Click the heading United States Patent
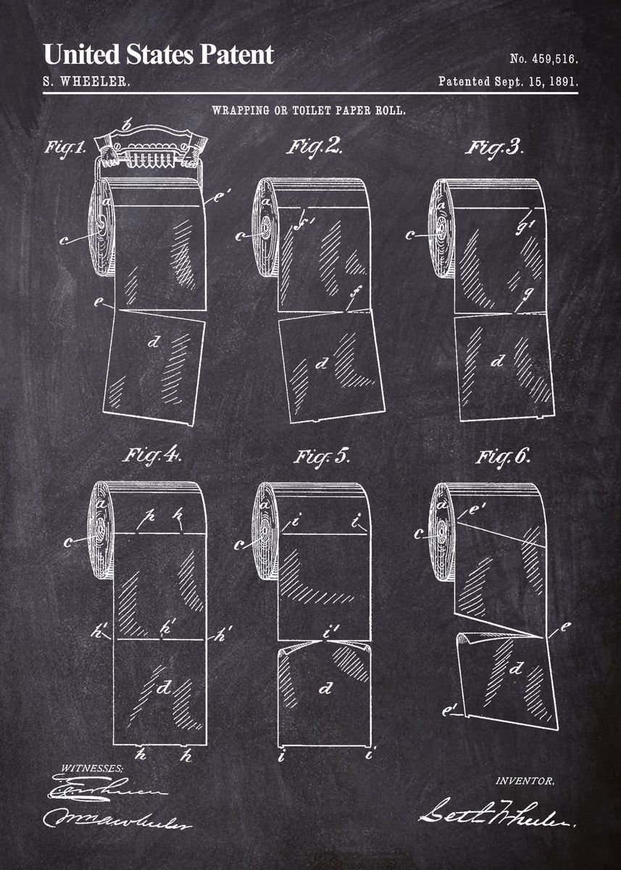point(159,54)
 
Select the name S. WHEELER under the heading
point(87,82)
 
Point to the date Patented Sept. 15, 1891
point(508,82)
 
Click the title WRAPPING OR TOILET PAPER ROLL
point(308,111)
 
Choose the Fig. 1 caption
point(66,148)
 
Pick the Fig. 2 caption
point(314,146)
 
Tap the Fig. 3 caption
point(493,146)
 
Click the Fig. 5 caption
point(322,457)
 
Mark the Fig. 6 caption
point(503,457)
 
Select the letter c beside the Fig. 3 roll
point(412,235)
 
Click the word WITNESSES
point(92,768)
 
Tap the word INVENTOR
point(525,781)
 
